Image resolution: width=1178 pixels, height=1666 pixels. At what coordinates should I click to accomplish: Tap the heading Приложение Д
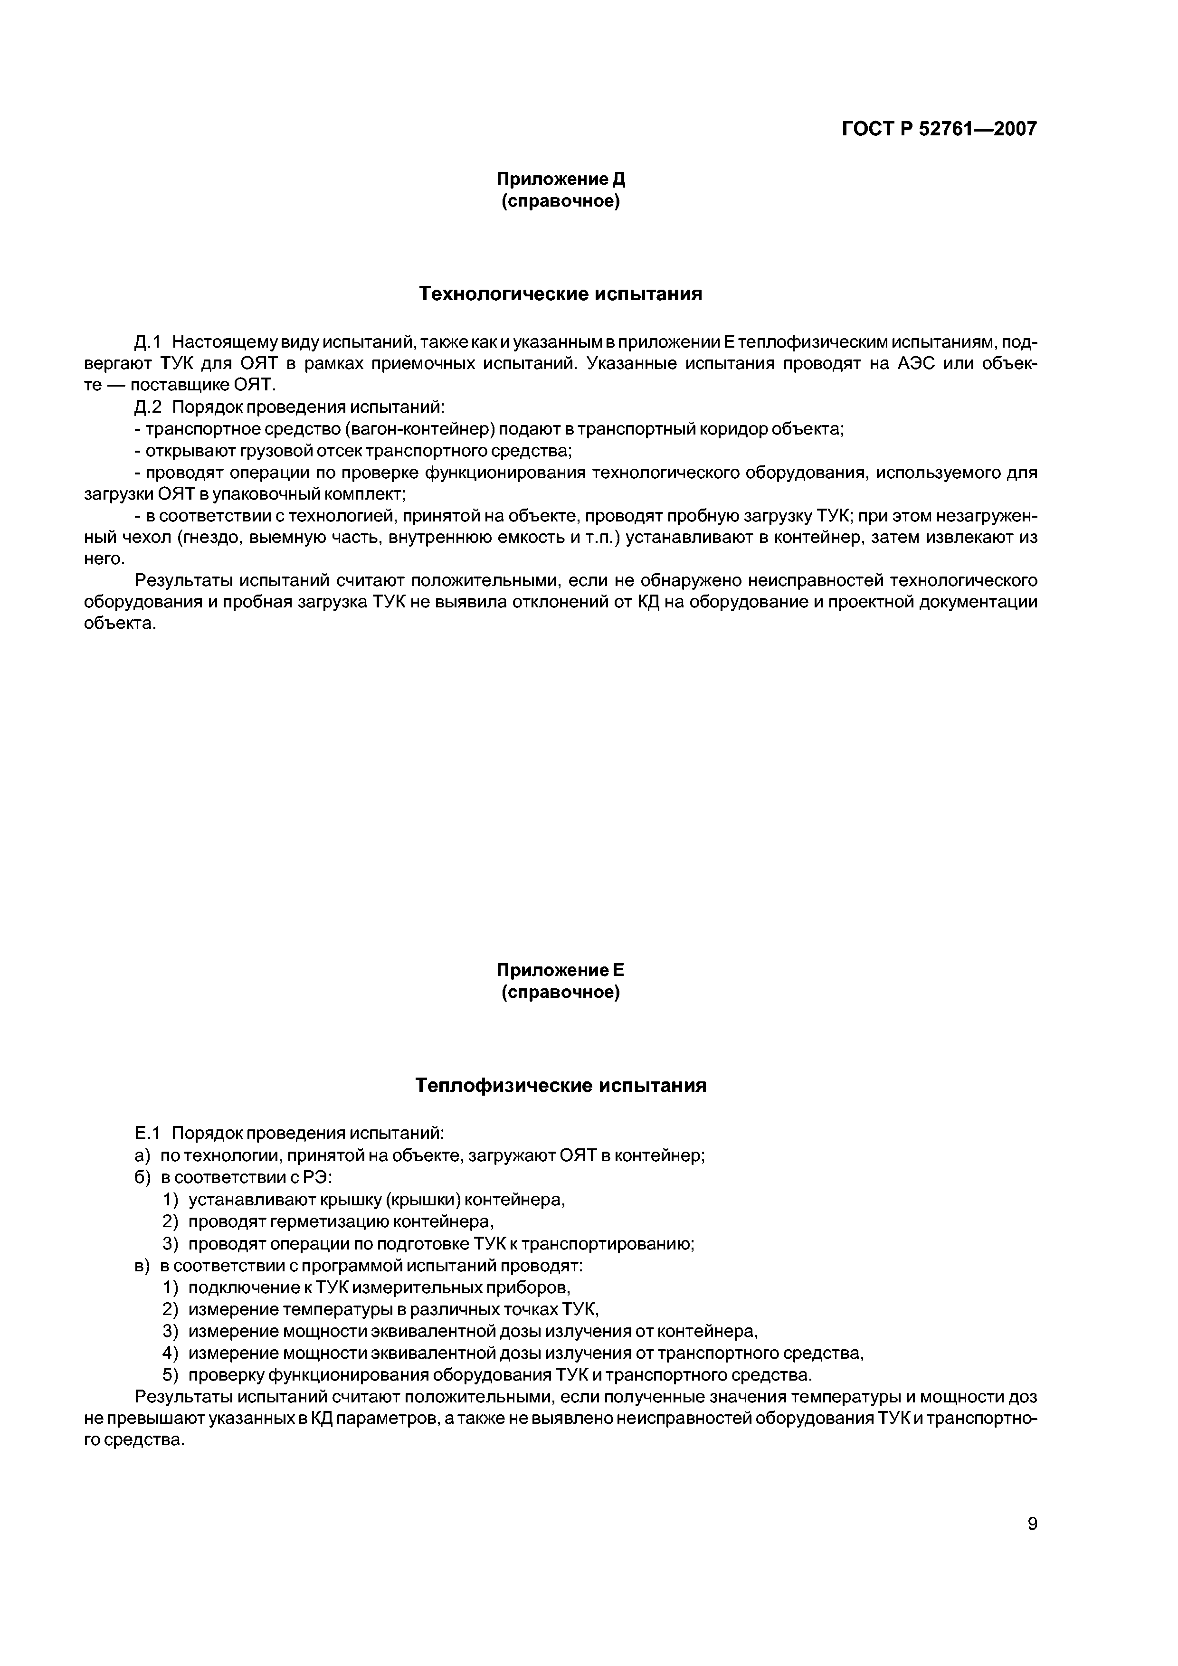point(560,179)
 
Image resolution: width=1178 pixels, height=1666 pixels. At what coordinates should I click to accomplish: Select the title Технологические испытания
point(560,294)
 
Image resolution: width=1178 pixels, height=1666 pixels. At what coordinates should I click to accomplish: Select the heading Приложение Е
point(560,970)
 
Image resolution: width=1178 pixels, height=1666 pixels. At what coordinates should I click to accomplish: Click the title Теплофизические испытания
point(560,1086)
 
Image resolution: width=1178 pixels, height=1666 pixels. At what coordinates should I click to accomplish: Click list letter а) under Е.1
point(142,1155)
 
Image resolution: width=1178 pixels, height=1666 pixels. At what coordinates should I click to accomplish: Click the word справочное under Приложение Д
point(560,201)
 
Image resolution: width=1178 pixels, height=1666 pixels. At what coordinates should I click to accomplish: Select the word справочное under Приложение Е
point(560,993)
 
